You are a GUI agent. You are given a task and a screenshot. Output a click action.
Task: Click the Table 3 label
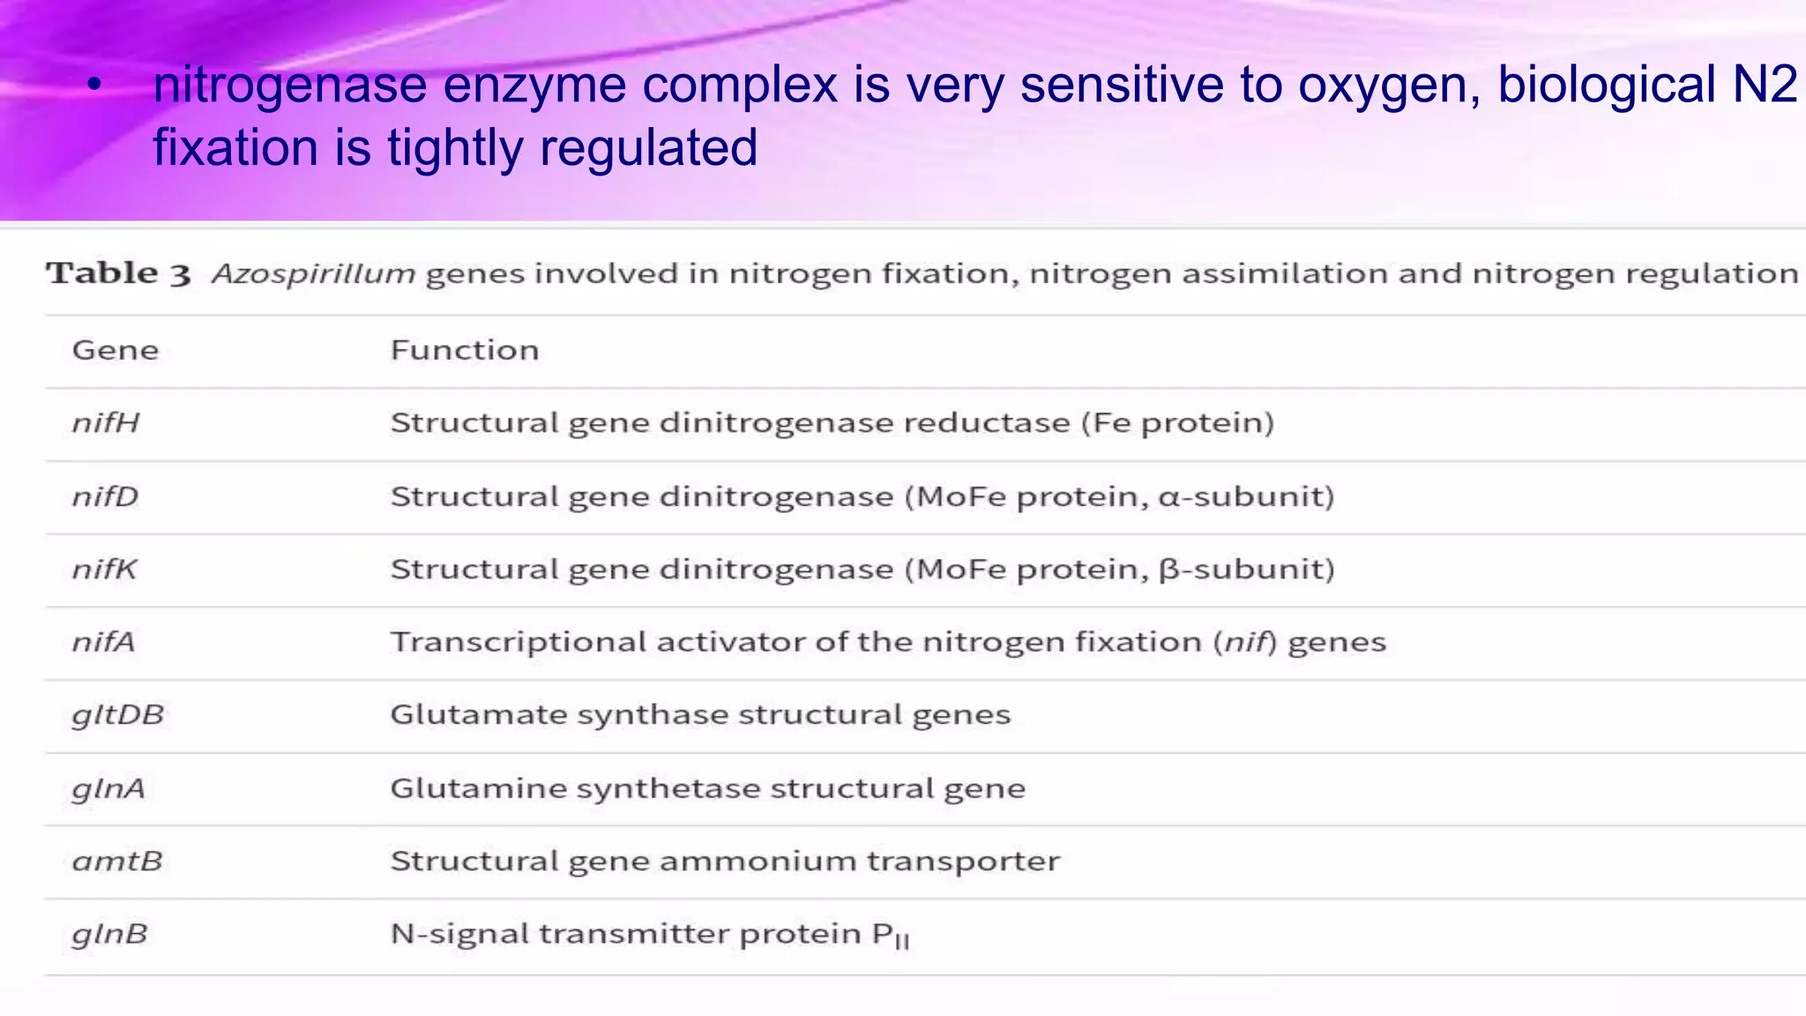click(x=118, y=273)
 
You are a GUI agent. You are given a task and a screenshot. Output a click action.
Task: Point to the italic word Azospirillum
click(x=313, y=274)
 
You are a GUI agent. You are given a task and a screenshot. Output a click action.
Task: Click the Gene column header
click(x=116, y=350)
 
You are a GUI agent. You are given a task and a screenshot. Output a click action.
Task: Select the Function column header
click(x=465, y=350)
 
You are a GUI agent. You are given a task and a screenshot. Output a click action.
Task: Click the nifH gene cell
click(x=106, y=423)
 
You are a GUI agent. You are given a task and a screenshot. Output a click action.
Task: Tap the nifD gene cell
click(x=106, y=497)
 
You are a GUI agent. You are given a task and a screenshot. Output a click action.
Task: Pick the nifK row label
click(x=105, y=569)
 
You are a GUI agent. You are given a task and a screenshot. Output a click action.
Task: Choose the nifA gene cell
click(x=104, y=642)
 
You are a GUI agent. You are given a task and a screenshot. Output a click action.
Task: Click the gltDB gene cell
click(x=118, y=714)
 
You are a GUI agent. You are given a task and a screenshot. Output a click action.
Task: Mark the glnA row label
click(x=108, y=788)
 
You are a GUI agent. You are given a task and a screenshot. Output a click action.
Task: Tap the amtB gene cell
click(x=117, y=861)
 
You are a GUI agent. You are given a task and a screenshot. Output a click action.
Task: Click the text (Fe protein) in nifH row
click(x=1178, y=423)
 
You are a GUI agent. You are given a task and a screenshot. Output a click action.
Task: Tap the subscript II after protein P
click(x=901, y=942)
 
